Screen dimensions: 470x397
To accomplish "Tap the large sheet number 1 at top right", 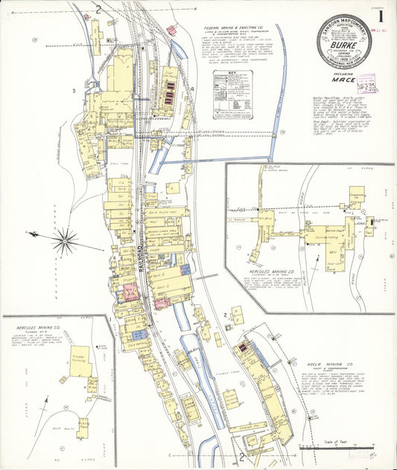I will click(381, 15).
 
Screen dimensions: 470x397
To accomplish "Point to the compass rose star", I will click(66, 239).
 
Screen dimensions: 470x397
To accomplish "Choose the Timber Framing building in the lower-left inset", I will click(80, 361).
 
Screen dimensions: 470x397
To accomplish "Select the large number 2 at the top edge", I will click(98, 10).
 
